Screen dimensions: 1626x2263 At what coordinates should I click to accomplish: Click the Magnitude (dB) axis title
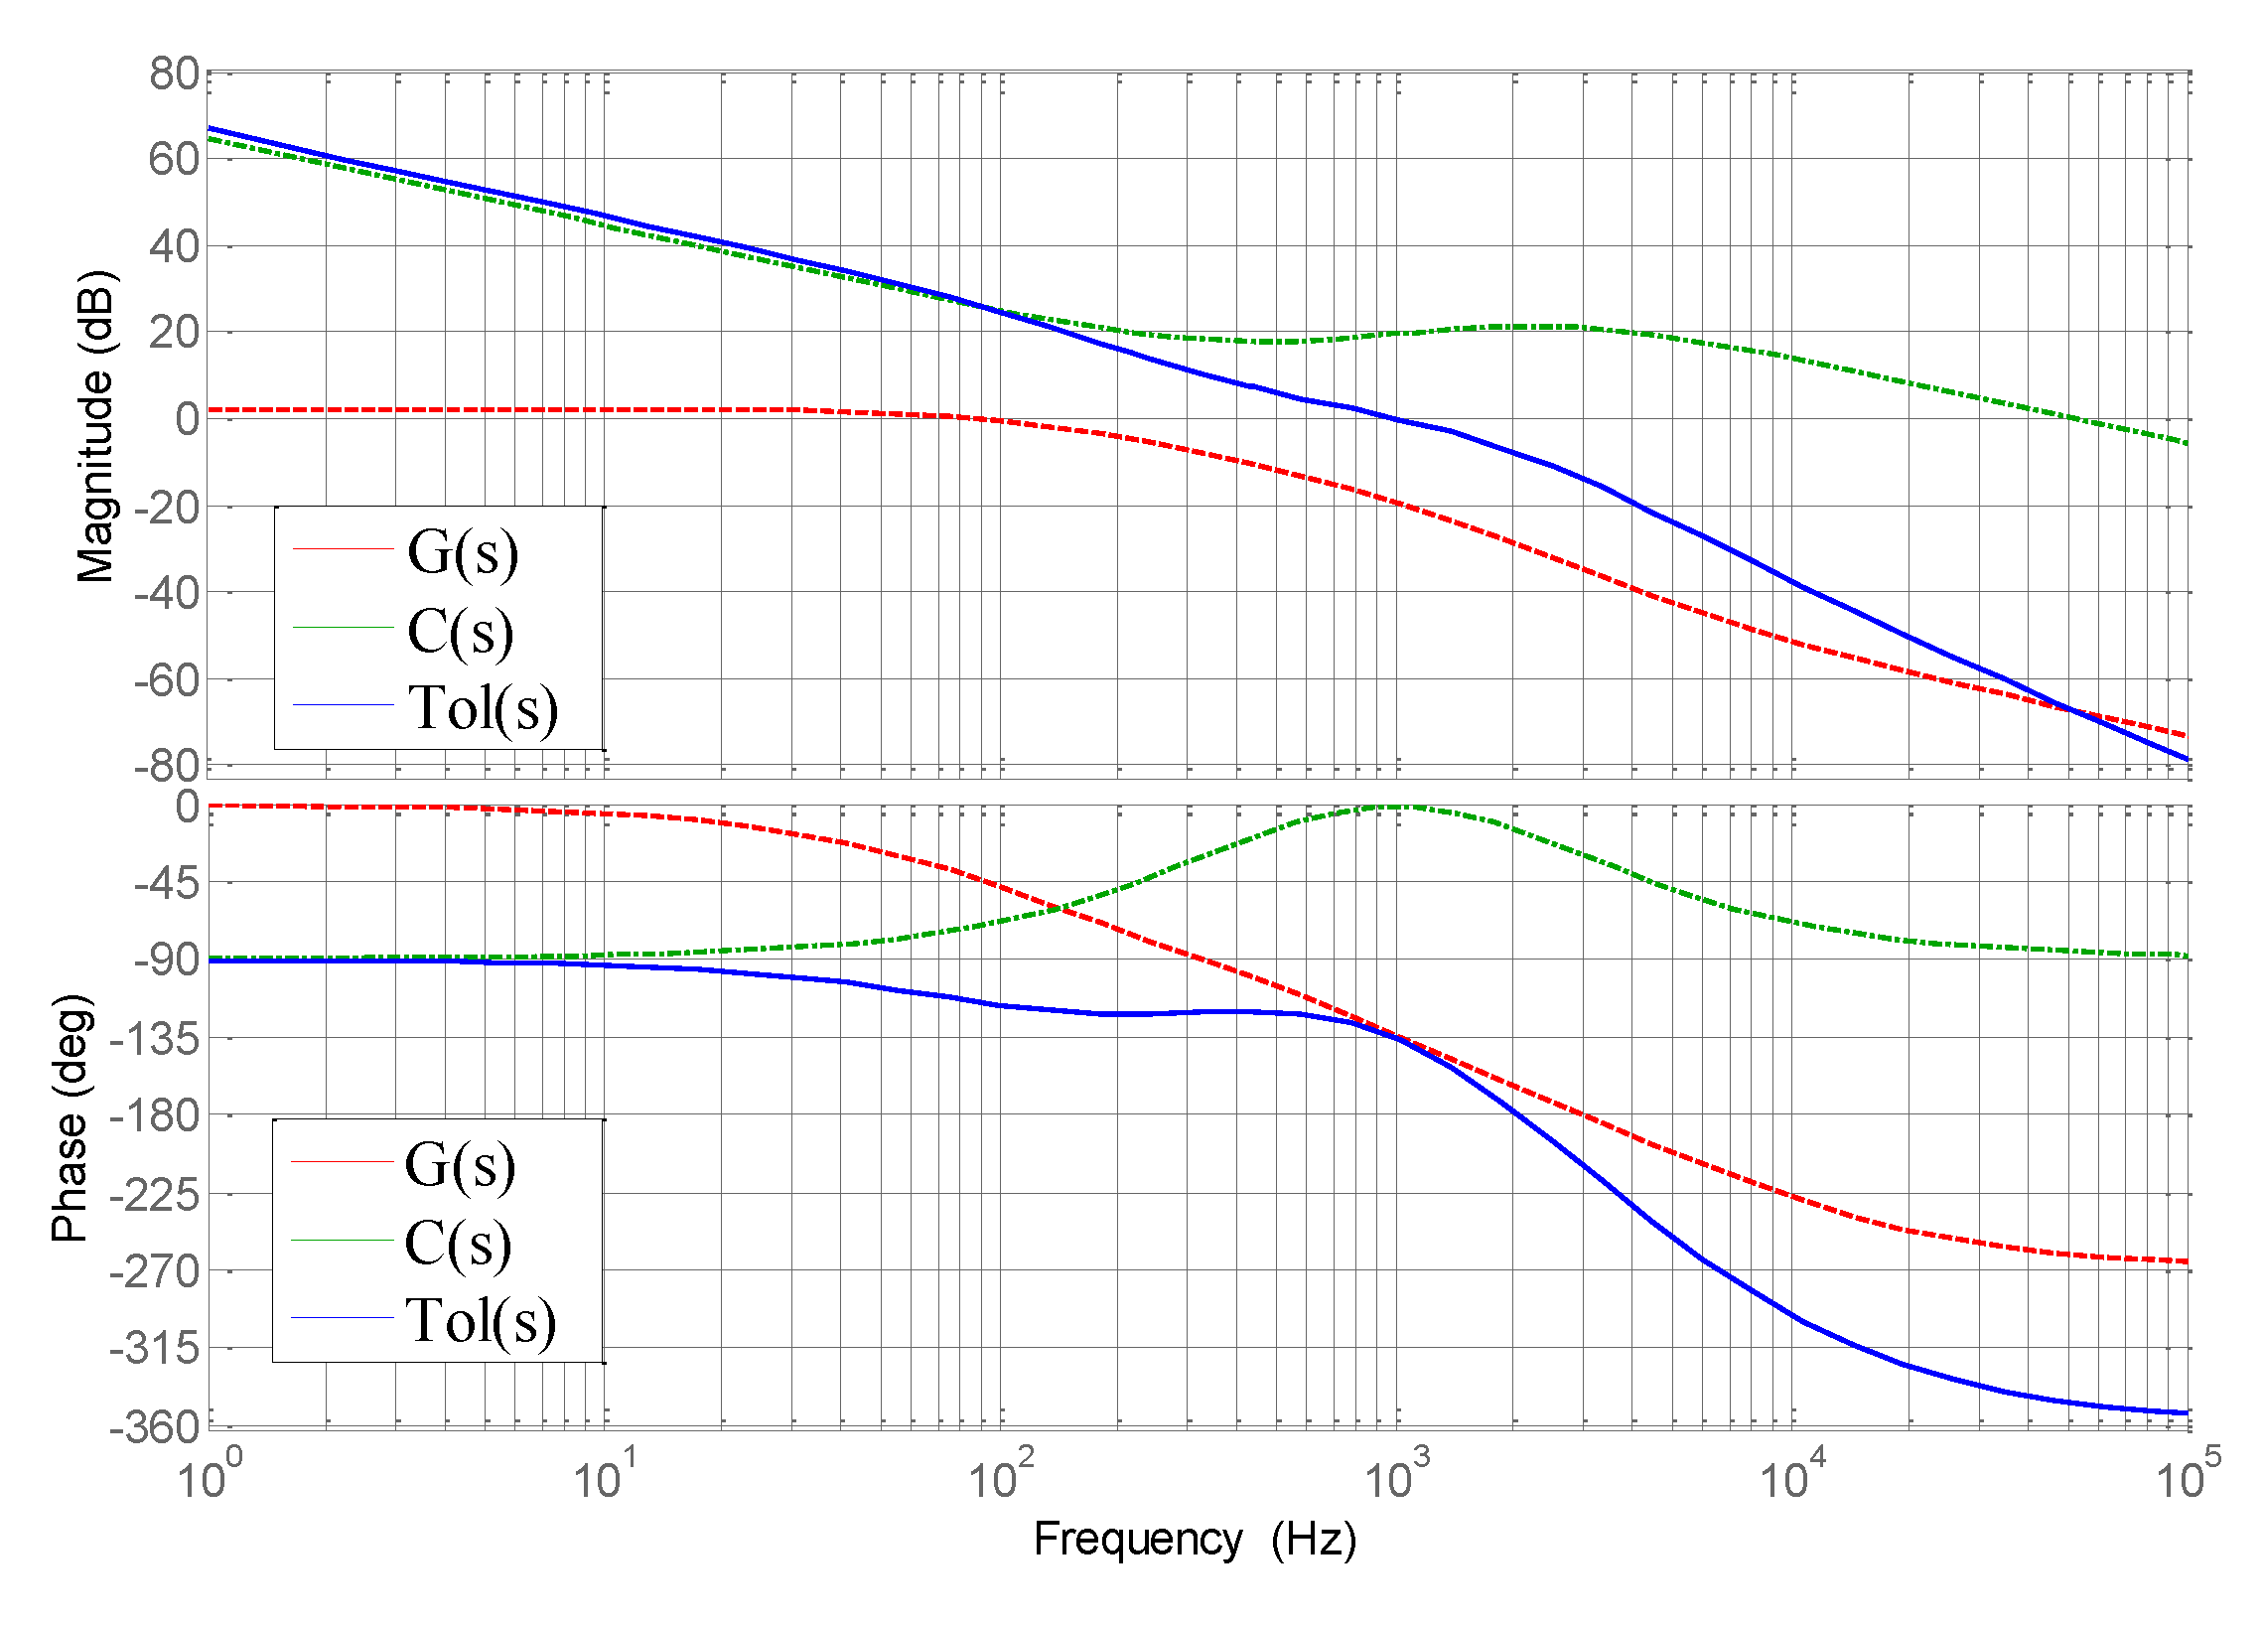[95, 427]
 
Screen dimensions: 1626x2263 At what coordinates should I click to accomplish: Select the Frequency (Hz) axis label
[1195, 1540]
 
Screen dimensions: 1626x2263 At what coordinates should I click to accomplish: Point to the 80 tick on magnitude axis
[174, 74]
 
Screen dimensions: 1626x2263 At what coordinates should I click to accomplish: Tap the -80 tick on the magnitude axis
[167, 767]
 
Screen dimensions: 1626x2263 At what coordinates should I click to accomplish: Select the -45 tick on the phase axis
[167, 883]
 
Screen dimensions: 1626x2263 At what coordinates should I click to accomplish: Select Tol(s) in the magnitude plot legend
[483, 708]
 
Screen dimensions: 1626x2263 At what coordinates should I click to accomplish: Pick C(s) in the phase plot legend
[458, 1244]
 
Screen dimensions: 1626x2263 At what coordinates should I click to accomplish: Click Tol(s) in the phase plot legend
[480, 1322]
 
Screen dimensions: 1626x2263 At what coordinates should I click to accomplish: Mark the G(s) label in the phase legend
[460, 1165]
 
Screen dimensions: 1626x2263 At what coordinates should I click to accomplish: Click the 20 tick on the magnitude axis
[174, 333]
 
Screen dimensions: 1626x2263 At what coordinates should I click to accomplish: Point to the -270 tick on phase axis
[155, 1271]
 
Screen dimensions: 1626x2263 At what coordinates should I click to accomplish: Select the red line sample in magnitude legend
[344, 549]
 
